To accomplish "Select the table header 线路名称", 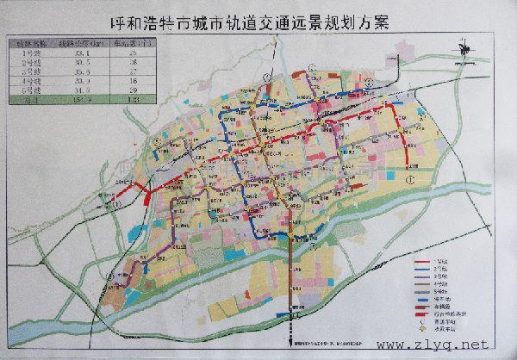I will coord(28,41).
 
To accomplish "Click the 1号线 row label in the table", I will coord(28,53).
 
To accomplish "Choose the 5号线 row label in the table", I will coord(28,89).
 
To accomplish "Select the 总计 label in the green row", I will coord(28,100).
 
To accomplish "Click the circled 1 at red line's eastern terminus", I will coord(413,179).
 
